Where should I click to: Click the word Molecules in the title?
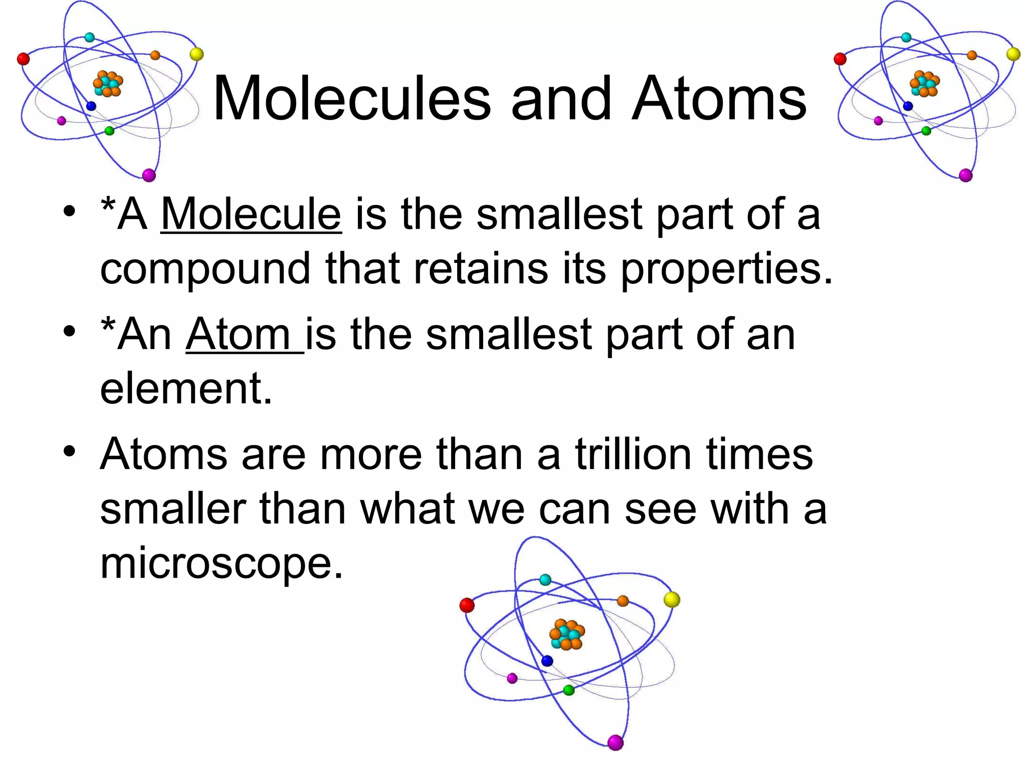352,99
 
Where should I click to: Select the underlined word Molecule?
251,214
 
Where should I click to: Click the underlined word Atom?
238,335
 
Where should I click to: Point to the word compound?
205,269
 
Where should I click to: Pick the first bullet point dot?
69,211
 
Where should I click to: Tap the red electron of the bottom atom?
467,605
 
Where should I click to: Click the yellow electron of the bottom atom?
672,599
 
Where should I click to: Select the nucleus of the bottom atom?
567,635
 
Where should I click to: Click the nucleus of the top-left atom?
108,84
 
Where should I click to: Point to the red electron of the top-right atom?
840,59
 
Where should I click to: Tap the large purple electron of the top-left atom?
149,175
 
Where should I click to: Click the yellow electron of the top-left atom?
196,54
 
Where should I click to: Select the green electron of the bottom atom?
568,690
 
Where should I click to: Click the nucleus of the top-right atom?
924,84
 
